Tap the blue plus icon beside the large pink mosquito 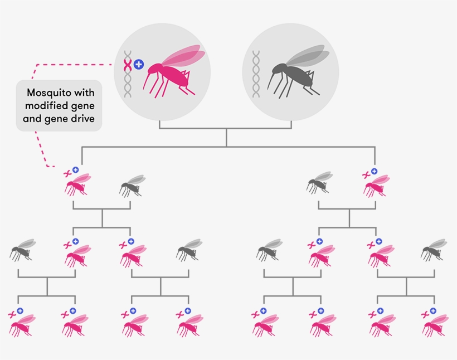pyautogui.click(x=139, y=65)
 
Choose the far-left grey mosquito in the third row pyautogui.click(x=21, y=251)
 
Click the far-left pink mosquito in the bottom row pyautogui.click(x=21, y=325)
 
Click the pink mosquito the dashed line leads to pyautogui.click(x=76, y=184)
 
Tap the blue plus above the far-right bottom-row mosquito pyautogui.click(x=432, y=311)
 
